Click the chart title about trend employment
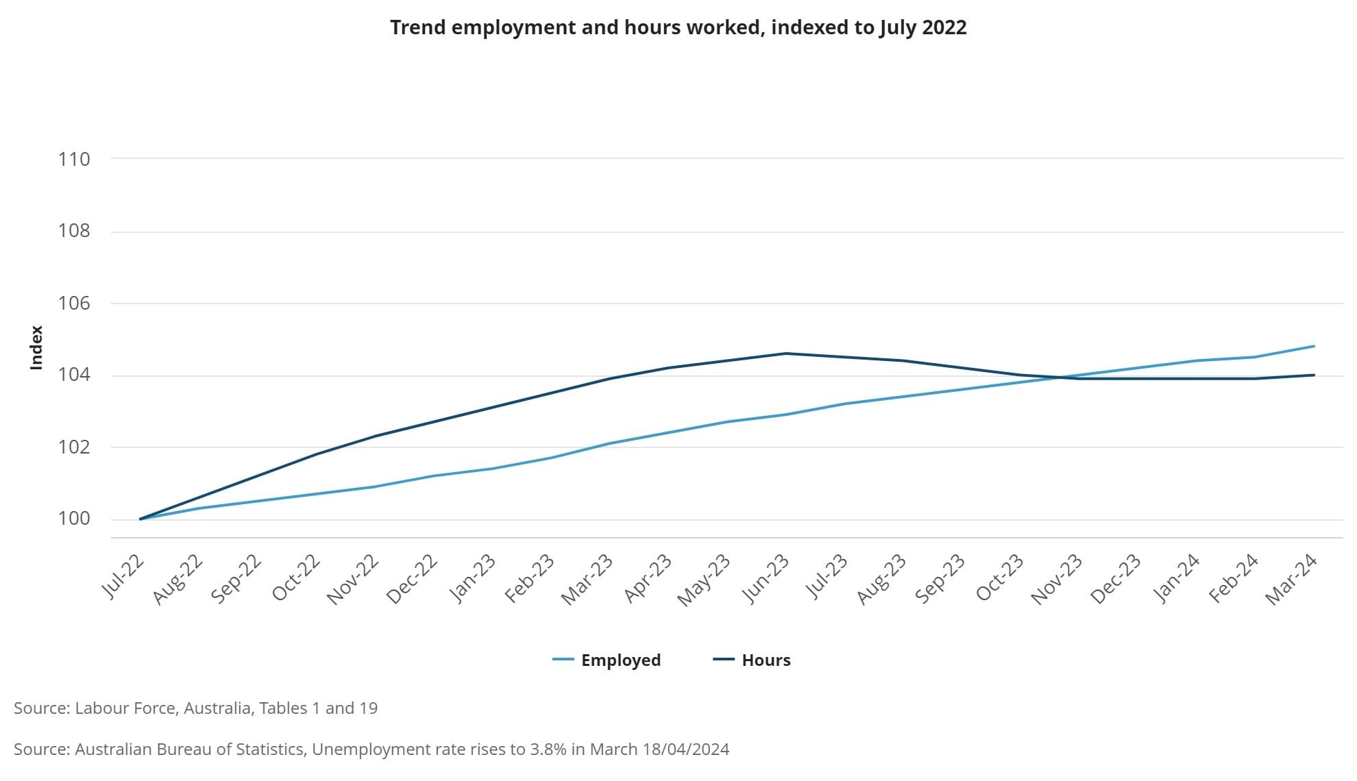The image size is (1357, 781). pos(678,27)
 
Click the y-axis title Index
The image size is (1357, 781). pos(36,347)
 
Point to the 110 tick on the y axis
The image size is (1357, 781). pos(74,159)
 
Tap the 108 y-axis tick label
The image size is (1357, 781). pos(74,231)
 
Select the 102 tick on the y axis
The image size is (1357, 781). pos(74,447)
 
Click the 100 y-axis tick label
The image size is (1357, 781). pos(74,519)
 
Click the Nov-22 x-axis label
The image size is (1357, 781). pos(353,580)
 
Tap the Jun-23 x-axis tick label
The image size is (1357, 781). pos(766,579)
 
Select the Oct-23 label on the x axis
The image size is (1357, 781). pos(999,578)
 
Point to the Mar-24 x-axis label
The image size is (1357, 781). pos(1291,580)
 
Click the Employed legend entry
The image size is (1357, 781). pos(607,660)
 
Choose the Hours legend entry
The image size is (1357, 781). pos(752,660)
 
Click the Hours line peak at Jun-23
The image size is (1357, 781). pos(785,354)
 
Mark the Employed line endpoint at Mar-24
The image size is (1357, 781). pos(1314,346)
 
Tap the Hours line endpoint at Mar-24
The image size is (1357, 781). pos(1314,375)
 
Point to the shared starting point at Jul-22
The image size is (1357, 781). pos(140,519)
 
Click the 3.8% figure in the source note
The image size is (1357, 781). pos(548,749)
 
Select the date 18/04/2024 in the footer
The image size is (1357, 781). pos(686,749)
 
